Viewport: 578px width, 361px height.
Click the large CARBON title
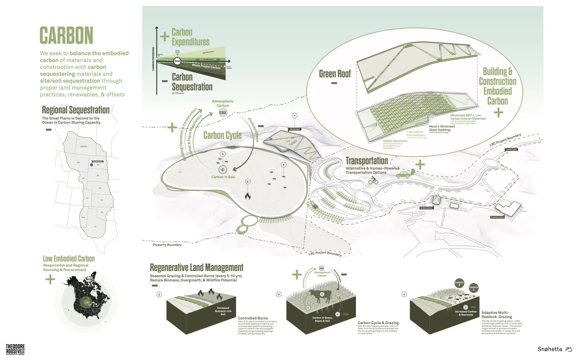click(x=66, y=35)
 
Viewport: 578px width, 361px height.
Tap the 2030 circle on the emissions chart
click(x=177, y=61)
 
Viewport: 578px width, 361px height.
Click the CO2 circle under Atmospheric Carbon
click(x=223, y=113)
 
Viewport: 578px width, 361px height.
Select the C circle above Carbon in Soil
click(x=223, y=170)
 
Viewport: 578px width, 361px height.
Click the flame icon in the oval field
click(x=248, y=196)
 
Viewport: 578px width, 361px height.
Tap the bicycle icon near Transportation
click(x=373, y=181)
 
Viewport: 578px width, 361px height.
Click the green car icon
click(x=403, y=174)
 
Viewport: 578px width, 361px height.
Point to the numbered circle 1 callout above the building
click(x=294, y=116)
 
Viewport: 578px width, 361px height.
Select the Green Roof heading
click(x=334, y=74)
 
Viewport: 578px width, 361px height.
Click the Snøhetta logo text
click(x=550, y=349)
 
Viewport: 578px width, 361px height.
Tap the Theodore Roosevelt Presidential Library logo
click(x=15, y=349)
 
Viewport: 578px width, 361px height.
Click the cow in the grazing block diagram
click(x=320, y=295)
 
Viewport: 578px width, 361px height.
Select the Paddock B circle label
click(x=459, y=283)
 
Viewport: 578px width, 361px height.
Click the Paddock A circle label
click(x=474, y=288)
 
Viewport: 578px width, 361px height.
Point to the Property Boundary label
click(x=167, y=245)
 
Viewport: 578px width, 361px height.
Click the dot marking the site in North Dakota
click(x=91, y=165)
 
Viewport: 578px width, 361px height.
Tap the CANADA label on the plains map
click(x=84, y=146)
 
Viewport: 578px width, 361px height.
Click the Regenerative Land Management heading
click(x=196, y=268)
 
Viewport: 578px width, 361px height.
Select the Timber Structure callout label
click(x=395, y=141)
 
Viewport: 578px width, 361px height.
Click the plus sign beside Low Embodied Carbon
click(x=50, y=279)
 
